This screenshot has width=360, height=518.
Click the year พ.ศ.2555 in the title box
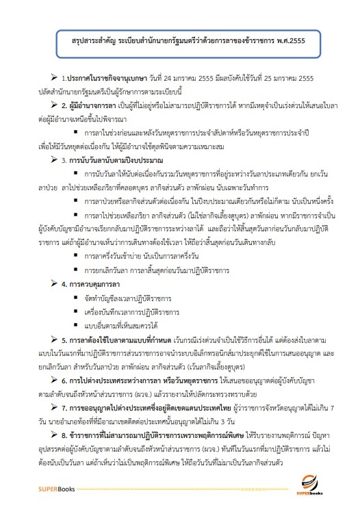(x=288, y=40)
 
